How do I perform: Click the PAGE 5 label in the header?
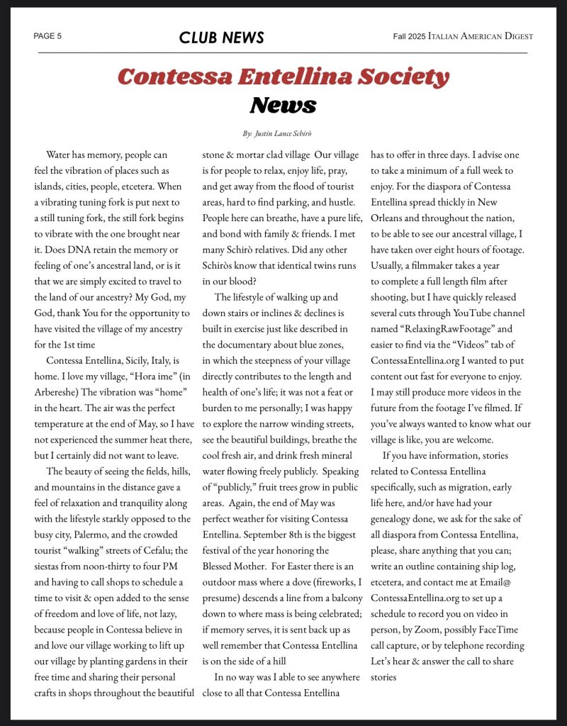47,36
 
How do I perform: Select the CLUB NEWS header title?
221,38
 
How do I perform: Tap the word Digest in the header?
517,36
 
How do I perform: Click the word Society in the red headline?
399,77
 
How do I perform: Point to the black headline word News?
283,105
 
